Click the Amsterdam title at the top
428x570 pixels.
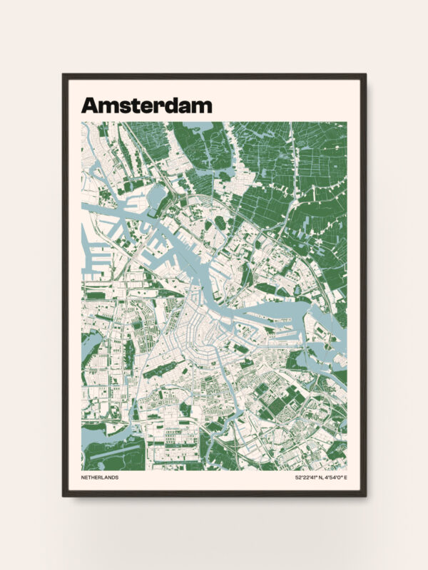(x=146, y=105)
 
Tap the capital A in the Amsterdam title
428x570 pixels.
(x=90, y=105)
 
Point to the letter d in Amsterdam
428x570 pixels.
(x=175, y=105)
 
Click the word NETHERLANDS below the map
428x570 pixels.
(x=100, y=477)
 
